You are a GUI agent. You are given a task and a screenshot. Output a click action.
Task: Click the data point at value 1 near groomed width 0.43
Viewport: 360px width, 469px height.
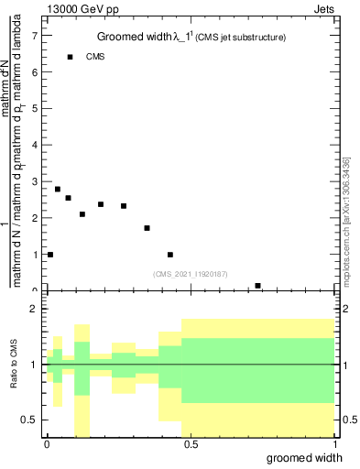click(170, 255)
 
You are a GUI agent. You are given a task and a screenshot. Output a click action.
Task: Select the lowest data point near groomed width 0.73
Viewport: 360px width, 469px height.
click(258, 286)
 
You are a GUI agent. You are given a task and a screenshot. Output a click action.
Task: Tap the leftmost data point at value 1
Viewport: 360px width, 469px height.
click(50, 255)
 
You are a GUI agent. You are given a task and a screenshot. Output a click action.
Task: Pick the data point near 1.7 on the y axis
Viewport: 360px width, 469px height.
click(147, 228)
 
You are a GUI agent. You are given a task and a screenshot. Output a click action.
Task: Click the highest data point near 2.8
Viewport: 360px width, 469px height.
click(58, 189)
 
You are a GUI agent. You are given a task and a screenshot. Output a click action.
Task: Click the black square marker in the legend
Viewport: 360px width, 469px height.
click(70, 57)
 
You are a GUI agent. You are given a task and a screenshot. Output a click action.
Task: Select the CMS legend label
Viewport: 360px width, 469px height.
click(96, 57)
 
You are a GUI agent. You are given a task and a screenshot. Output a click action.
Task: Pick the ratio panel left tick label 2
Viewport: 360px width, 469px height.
click(34, 310)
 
